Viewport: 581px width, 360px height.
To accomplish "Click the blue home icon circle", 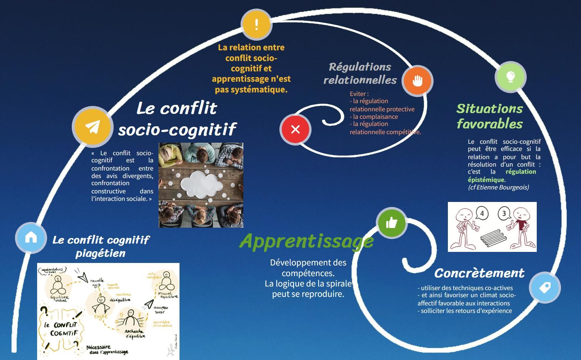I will point(31,238).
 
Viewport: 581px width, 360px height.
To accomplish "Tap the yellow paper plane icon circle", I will point(92,127).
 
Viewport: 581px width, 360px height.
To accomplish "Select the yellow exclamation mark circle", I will point(256,24).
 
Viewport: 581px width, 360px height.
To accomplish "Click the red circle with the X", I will point(295,129).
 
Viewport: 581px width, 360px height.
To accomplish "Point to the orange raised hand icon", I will point(417,81).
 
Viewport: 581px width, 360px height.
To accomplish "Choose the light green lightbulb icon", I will point(510,77).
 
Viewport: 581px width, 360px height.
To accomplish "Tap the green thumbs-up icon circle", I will point(391,223).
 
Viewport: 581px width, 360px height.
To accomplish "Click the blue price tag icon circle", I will point(545,287).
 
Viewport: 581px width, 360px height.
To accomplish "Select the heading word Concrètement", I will point(479,273).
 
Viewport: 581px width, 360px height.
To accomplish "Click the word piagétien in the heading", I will point(100,253).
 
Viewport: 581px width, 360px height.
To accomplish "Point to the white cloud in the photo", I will point(201,184).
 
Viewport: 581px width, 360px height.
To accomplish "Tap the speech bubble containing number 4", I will point(482,214).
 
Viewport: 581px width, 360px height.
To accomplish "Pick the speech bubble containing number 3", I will point(504,214).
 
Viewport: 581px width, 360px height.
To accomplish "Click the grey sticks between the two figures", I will point(493,238).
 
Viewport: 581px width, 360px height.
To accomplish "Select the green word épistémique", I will point(486,180).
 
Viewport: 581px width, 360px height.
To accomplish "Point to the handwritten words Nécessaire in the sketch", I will point(98,347).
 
